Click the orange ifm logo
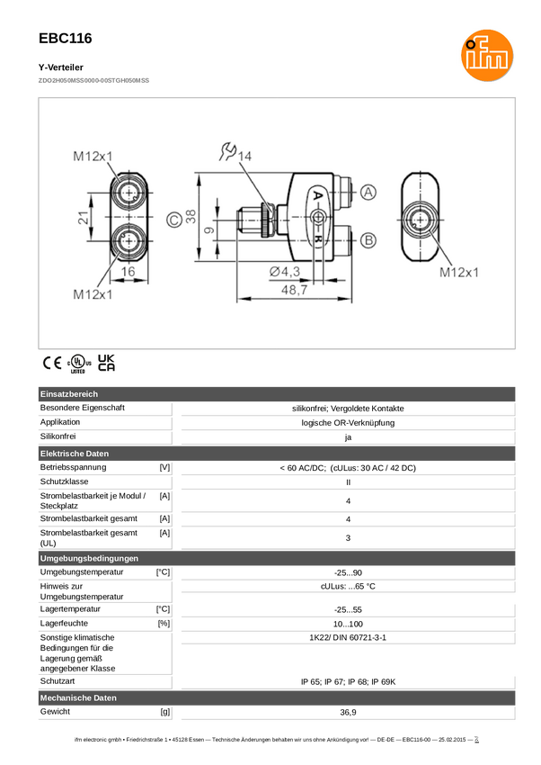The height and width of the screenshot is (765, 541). (x=487, y=55)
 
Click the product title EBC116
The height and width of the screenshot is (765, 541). (x=66, y=39)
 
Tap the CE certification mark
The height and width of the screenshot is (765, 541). (x=52, y=363)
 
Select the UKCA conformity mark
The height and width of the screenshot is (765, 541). (x=106, y=363)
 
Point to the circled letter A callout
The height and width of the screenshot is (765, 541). (x=368, y=193)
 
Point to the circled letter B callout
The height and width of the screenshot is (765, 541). (x=368, y=240)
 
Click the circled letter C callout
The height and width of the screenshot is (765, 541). (x=173, y=220)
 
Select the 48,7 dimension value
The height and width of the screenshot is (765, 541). (x=294, y=291)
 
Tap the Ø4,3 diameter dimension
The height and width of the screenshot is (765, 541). (x=285, y=272)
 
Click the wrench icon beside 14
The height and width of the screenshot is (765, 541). (x=227, y=151)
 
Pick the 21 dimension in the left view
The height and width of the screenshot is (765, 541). (x=84, y=217)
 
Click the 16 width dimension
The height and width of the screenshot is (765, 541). (x=128, y=272)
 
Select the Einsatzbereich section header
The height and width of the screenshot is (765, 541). (x=69, y=393)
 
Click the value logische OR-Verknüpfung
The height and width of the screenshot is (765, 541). (x=348, y=423)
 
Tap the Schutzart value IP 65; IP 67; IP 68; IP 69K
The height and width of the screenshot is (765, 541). (x=348, y=681)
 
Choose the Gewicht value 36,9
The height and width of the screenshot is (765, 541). (x=348, y=712)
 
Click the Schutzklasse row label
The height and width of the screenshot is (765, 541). (x=65, y=481)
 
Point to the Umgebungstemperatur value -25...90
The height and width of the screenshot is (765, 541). (x=348, y=572)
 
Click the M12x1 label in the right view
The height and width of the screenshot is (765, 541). (x=458, y=272)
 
